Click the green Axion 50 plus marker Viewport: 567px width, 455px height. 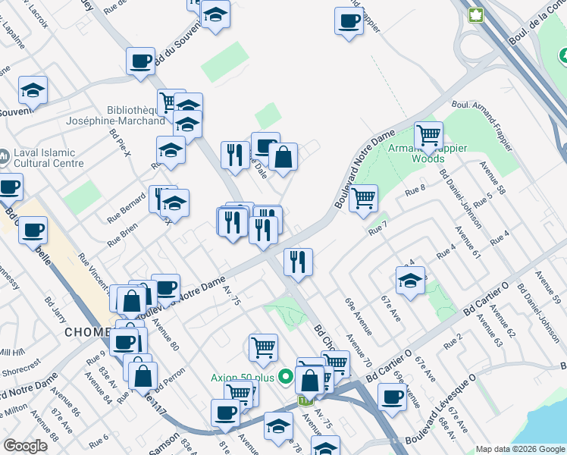[x=286, y=375]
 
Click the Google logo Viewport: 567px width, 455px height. [x=24, y=446]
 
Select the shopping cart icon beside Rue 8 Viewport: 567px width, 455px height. [x=364, y=199]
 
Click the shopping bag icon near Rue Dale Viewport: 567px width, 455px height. [x=283, y=158]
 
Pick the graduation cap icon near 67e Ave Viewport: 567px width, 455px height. [x=410, y=280]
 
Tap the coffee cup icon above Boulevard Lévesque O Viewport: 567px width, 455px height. [x=392, y=397]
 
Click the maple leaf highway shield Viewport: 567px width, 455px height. [x=476, y=15]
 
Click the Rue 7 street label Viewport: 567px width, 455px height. [x=377, y=227]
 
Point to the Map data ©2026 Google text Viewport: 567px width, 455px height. [x=521, y=449]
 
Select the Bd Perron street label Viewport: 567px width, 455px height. [x=168, y=377]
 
